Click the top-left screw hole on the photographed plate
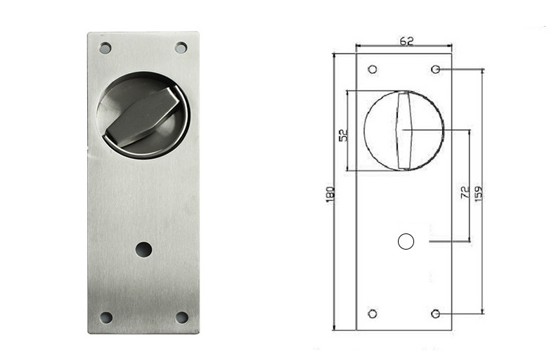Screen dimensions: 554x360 105,48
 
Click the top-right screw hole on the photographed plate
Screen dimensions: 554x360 181,48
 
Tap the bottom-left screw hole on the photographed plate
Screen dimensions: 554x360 105,317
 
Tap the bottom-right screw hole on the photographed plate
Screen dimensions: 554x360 182,317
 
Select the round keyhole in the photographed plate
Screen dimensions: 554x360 144,250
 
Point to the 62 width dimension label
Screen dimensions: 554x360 406,41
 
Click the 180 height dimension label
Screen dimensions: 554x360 329,195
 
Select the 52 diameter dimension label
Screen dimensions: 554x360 343,135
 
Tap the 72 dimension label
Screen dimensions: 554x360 465,192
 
